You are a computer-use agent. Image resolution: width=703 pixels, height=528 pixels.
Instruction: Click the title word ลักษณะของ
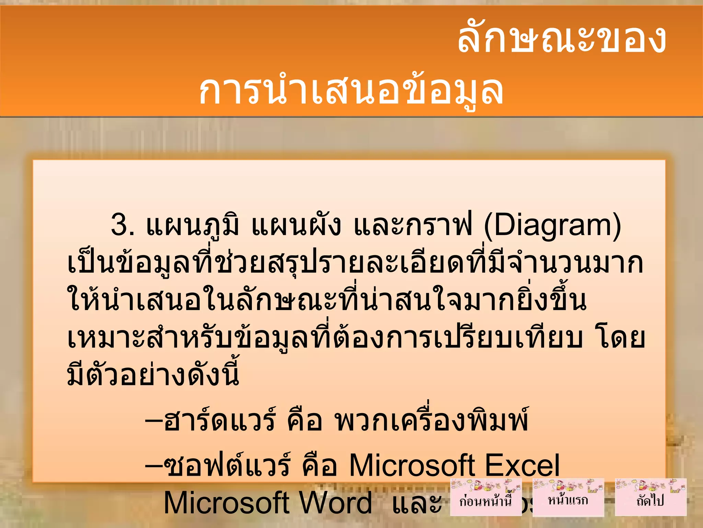(x=562, y=38)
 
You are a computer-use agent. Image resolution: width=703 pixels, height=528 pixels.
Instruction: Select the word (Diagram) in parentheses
(x=552, y=225)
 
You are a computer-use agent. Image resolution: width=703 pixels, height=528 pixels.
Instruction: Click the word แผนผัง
(x=296, y=225)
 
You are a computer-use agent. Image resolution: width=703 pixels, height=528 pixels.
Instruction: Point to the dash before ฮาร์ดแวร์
(x=153, y=420)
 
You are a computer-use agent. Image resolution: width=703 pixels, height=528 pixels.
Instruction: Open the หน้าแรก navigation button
(x=568, y=497)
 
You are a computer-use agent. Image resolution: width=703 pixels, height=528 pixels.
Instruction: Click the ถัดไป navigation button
(x=650, y=497)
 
